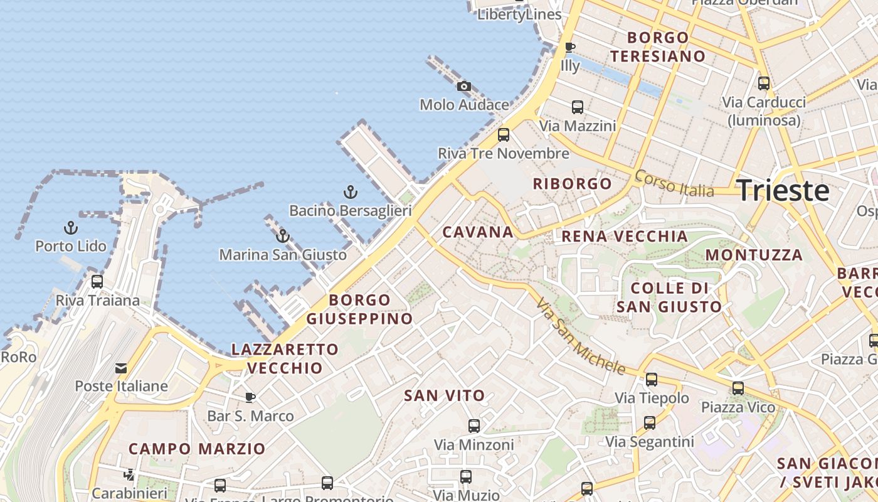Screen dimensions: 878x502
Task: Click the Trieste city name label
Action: (x=783, y=190)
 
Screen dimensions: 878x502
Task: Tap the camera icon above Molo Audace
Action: (x=463, y=86)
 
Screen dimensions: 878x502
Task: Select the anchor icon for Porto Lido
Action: (x=71, y=228)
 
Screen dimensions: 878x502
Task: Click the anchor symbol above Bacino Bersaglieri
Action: (x=350, y=192)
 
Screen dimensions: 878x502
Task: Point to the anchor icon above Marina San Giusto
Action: (x=283, y=236)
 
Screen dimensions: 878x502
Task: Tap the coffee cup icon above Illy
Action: (x=569, y=47)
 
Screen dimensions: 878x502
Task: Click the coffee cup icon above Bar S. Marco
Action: (x=250, y=397)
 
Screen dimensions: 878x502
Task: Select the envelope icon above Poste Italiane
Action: (x=120, y=368)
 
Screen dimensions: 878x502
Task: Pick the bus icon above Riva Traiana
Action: (x=97, y=282)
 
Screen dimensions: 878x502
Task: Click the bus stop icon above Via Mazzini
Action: (x=578, y=107)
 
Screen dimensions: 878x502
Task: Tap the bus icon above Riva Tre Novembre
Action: (x=503, y=135)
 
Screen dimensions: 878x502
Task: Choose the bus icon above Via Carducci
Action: (x=763, y=83)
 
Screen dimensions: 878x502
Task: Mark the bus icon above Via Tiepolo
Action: (x=652, y=380)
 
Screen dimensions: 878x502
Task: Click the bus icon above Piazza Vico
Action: (x=738, y=388)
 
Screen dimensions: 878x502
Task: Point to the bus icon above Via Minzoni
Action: (x=474, y=426)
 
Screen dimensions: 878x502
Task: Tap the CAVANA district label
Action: (x=478, y=232)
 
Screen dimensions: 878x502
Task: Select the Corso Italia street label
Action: (x=674, y=183)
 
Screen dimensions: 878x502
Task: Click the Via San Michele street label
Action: (x=581, y=336)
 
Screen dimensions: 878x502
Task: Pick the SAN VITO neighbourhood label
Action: (x=445, y=395)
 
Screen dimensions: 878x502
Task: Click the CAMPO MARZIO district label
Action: (x=197, y=449)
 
